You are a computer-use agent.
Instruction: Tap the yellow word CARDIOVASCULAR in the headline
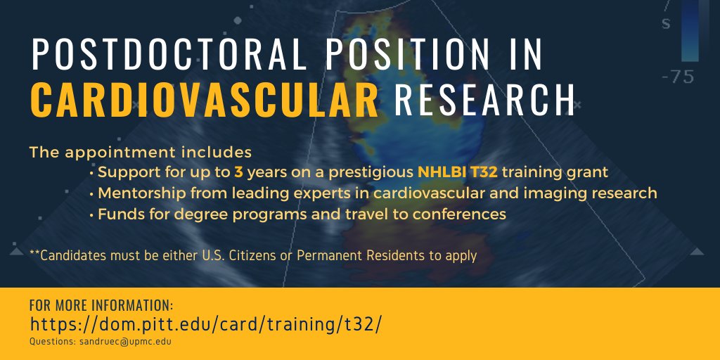coord(205,101)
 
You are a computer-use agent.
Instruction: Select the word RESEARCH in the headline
coord(484,101)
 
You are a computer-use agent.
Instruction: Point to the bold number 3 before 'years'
coord(238,172)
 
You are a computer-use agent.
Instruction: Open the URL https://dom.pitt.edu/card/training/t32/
coord(206,325)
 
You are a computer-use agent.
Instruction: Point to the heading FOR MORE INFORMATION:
coord(101,306)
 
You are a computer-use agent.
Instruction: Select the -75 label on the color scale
coord(678,77)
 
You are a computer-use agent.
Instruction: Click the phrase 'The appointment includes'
coord(141,152)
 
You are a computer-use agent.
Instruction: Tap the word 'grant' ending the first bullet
coord(589,172)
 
